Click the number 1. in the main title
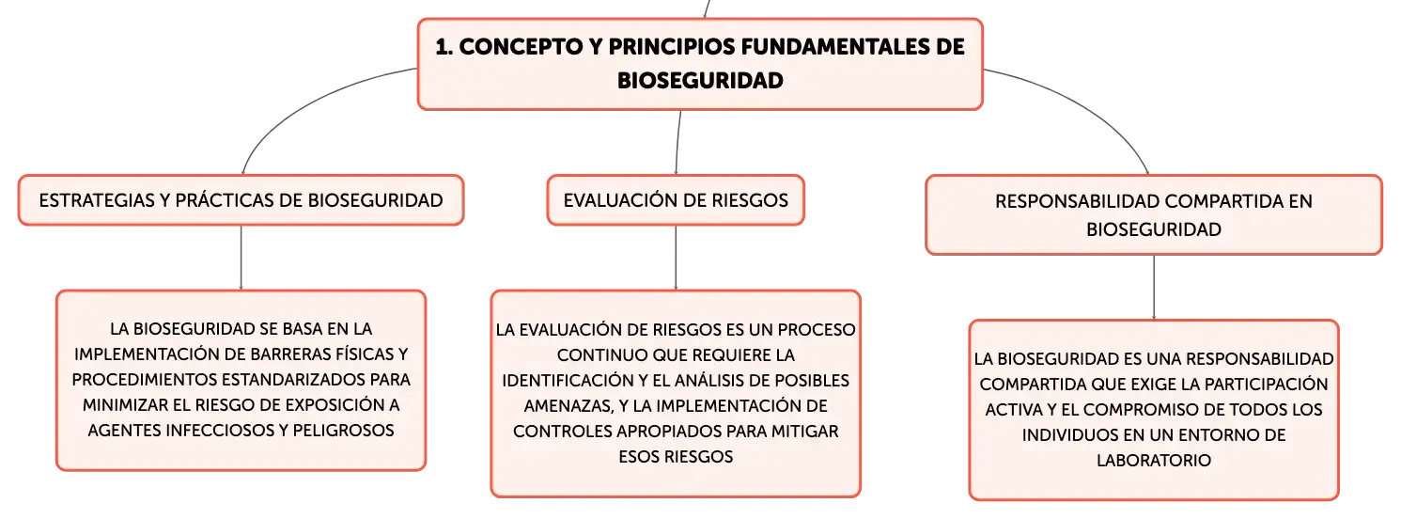point(444,47)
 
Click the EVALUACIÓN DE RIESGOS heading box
point(676,200)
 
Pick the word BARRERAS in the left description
point(289,354)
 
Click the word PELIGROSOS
point(343,431)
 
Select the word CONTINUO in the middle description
point(602,355)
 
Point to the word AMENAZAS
point(568,406)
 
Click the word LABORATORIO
point(1154,461)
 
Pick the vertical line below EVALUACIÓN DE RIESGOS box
point(676,258)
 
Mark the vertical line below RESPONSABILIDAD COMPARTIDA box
point(1154,288)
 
